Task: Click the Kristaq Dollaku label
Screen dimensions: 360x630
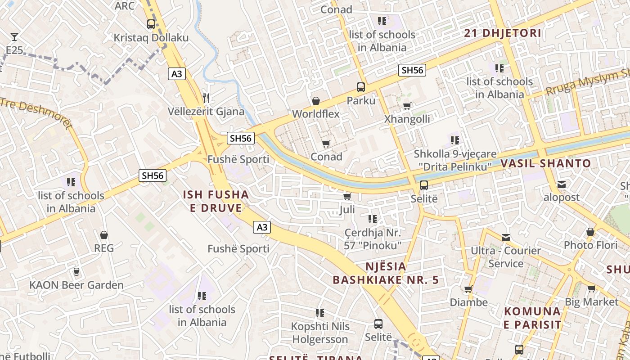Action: pyautogui.click(x=151, y=38)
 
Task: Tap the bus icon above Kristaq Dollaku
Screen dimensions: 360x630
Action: pyautogui.click(x=151, y=24)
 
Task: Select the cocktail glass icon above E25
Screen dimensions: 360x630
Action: pyautogui.click(x=14, y=37)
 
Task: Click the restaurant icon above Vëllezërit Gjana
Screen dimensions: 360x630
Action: pyautogui.click(x=206, y=98)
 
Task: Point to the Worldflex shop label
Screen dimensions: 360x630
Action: pyautogui.click(x=316, y=114)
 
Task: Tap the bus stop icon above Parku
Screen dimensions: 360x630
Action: pyautogui.click(x=361, y=87)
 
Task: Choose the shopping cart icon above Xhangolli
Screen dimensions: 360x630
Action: pyautogui.click(x=407, y=106)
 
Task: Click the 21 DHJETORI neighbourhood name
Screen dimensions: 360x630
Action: pyautogui.click(x=503, y=33)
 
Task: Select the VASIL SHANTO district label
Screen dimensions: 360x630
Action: pyautogui.click(x=546, y=163)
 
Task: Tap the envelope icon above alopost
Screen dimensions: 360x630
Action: pyautogui.click(x=562, y=184)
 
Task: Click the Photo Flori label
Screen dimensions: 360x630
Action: pyautogui.click(x=591, y=245)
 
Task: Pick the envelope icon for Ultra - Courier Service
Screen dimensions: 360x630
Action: pyautogui.click(x=506, y=237)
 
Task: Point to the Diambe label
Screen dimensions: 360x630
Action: pyautogui.click(x=469, y=302)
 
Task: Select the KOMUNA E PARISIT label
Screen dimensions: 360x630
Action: pyautogui.click(x=532, y=318)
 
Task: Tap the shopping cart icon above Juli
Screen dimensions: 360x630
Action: pyautogui.click(x=347, y=197)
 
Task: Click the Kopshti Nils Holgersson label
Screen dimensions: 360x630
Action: pyautogui.click(x=320, y=333)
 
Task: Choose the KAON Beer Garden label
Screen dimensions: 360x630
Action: pyautogui.click(x=76, y=285)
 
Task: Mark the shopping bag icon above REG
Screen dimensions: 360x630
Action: pyautogui.click(x=104, y=235)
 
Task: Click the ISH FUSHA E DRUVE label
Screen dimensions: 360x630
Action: pyautogui.click(x=216, y=201)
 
